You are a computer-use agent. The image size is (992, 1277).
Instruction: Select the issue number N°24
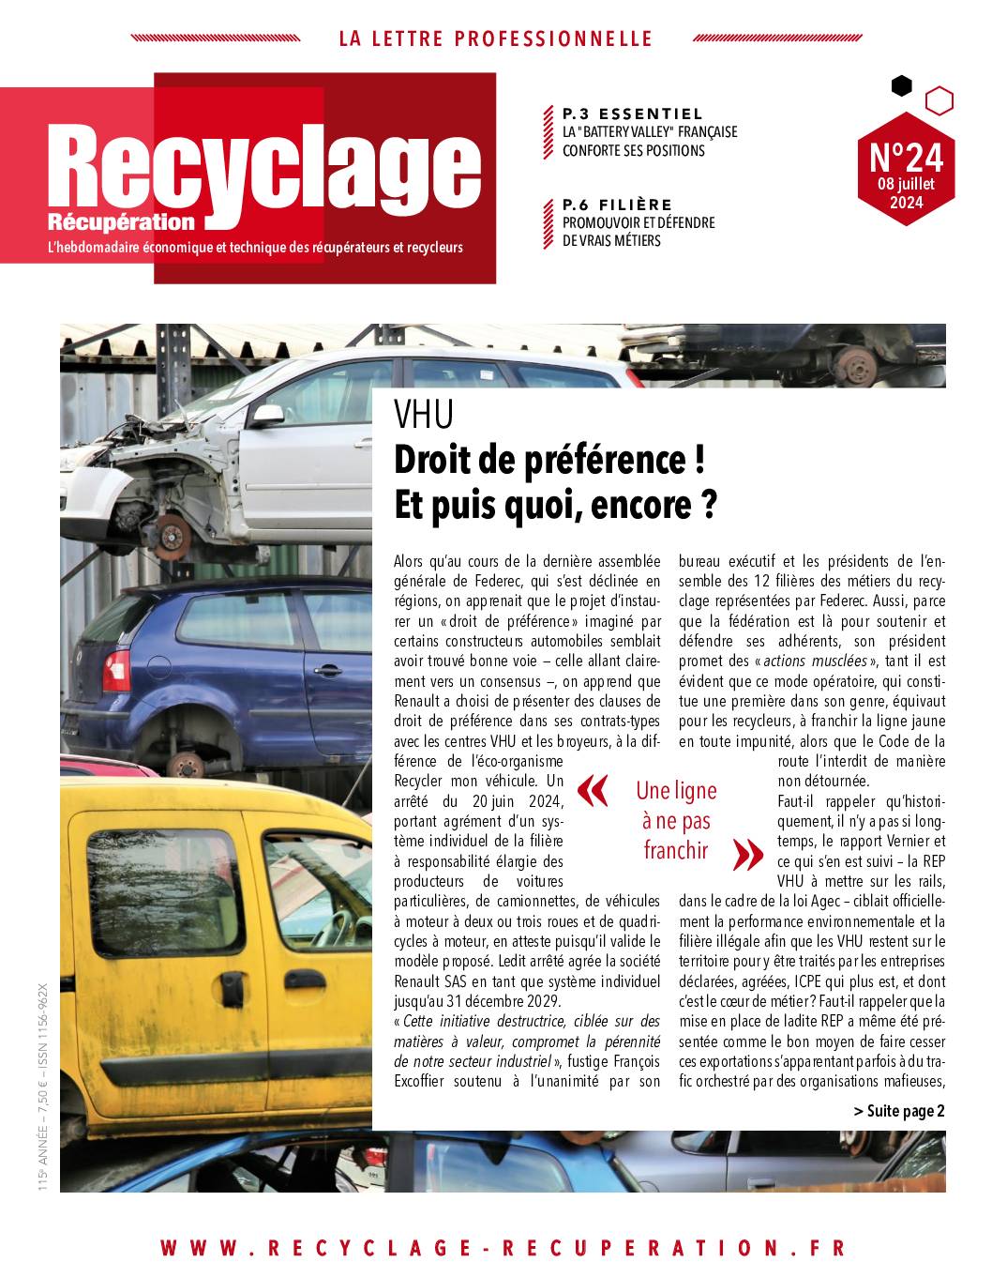pos(906,155)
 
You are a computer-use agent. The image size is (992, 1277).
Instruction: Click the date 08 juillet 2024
pos(906,192)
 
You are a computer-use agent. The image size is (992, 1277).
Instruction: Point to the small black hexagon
pos(901,86)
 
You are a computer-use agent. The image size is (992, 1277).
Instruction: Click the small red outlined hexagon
pos(939,99)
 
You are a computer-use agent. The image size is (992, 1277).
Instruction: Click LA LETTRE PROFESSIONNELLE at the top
pos(495,38)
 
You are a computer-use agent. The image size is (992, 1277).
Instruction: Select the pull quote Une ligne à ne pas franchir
pos(675,821)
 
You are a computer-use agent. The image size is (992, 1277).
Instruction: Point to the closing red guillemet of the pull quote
pos(747,853)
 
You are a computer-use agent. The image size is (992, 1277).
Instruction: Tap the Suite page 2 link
pos(898,1111)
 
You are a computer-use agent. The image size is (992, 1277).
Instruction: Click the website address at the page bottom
pos(503,1247)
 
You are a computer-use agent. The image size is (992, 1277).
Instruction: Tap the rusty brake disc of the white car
pos(173,536)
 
